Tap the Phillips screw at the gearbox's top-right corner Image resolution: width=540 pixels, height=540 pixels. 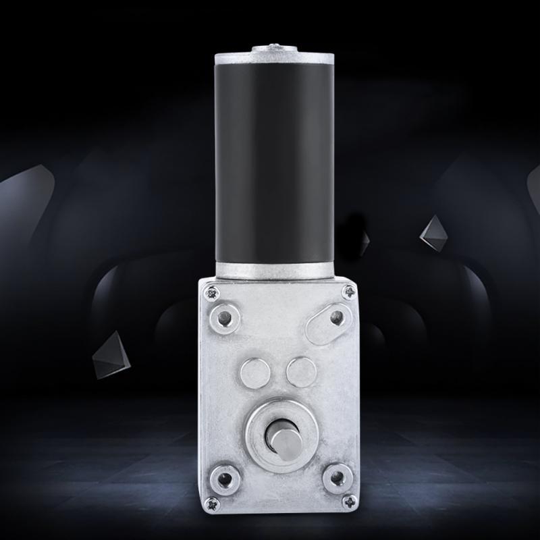coord(349,292)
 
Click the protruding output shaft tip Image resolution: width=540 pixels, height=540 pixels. coord(281,437)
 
